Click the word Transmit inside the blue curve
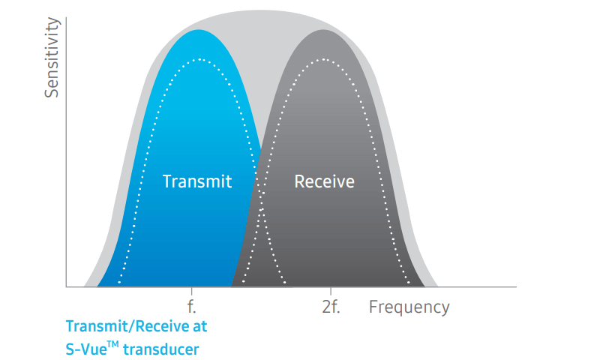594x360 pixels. point(197,181)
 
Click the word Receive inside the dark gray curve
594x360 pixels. point(324,181)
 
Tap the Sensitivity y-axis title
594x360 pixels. point(52,57)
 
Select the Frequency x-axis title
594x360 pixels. point(409,307)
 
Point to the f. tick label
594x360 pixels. point(192,307)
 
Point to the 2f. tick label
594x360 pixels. point(331,307)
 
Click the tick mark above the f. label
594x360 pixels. point(191,291)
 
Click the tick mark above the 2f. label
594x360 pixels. point(331,291)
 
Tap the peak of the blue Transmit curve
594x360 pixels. point(199,29)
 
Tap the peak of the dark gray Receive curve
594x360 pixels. point(324,29)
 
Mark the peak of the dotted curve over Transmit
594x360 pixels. point(199,59)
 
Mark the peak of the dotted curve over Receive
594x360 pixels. point(324,59)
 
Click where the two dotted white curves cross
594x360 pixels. point(260,198)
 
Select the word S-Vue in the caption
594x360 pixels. point(86,349)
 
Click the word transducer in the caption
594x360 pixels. point(161,349)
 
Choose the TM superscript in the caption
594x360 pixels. point(113,344)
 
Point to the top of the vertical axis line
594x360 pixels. point(66,17)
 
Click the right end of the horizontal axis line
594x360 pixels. point(516,286)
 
